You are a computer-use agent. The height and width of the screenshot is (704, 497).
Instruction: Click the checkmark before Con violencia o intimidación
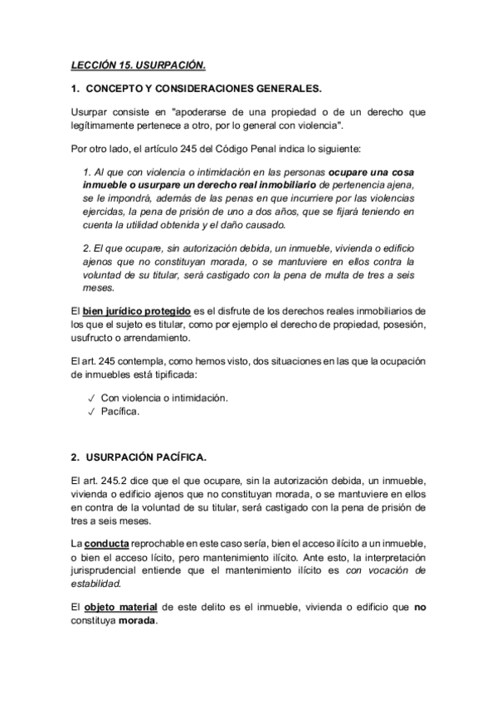(x=91, y=398)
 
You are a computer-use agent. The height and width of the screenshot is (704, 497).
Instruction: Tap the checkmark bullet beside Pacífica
(x=91, y=411)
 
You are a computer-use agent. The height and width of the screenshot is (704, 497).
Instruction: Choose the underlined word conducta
(x=105, y=543)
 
